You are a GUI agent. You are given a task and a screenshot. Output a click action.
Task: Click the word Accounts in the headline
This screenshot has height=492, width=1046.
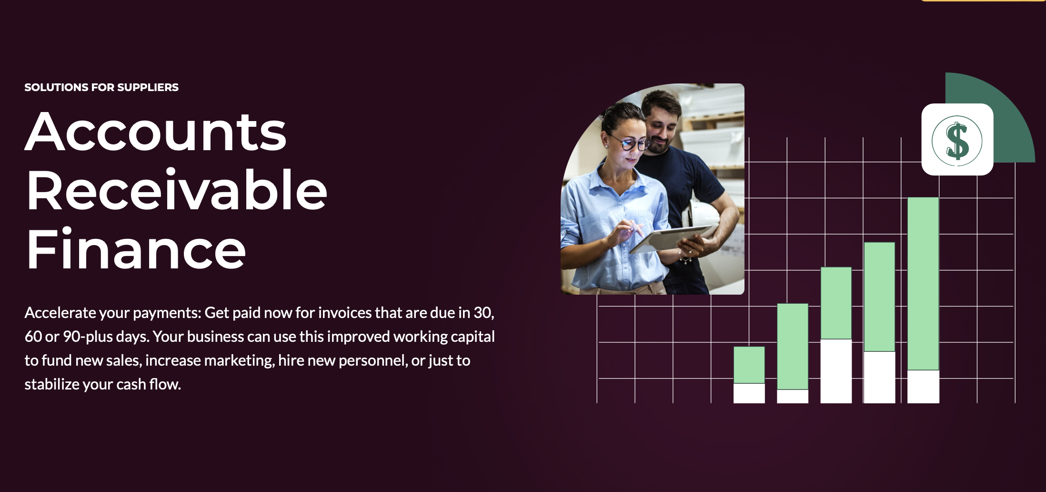(x=155, y=132)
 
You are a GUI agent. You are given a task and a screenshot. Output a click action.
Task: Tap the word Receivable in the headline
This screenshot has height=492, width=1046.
(x=176, y=191)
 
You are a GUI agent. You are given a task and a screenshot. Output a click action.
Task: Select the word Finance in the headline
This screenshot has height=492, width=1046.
(x=136, y=249)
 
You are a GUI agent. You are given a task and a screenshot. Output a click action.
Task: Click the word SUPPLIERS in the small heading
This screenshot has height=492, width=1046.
(x=148, y=87)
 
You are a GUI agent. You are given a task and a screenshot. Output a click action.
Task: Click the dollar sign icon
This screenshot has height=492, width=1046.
(x=957, y=140)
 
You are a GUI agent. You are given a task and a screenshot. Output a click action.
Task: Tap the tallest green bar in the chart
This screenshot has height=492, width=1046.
(x=923, y=283)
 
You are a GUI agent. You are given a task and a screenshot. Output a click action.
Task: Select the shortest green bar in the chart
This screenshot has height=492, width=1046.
(x=749, y=365)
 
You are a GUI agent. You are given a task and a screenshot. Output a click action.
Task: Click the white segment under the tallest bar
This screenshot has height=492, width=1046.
(x=923, y=387)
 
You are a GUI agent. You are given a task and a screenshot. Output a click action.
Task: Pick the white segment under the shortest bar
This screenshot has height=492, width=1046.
(x=749, y=393)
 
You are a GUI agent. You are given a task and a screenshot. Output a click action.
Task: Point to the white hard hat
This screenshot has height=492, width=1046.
(x=703, y=217)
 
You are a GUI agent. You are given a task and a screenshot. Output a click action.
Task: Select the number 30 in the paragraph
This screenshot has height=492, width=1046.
(x=483, y=313)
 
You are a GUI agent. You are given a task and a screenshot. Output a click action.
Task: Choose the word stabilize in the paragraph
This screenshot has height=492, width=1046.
(x=52, y=384)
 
